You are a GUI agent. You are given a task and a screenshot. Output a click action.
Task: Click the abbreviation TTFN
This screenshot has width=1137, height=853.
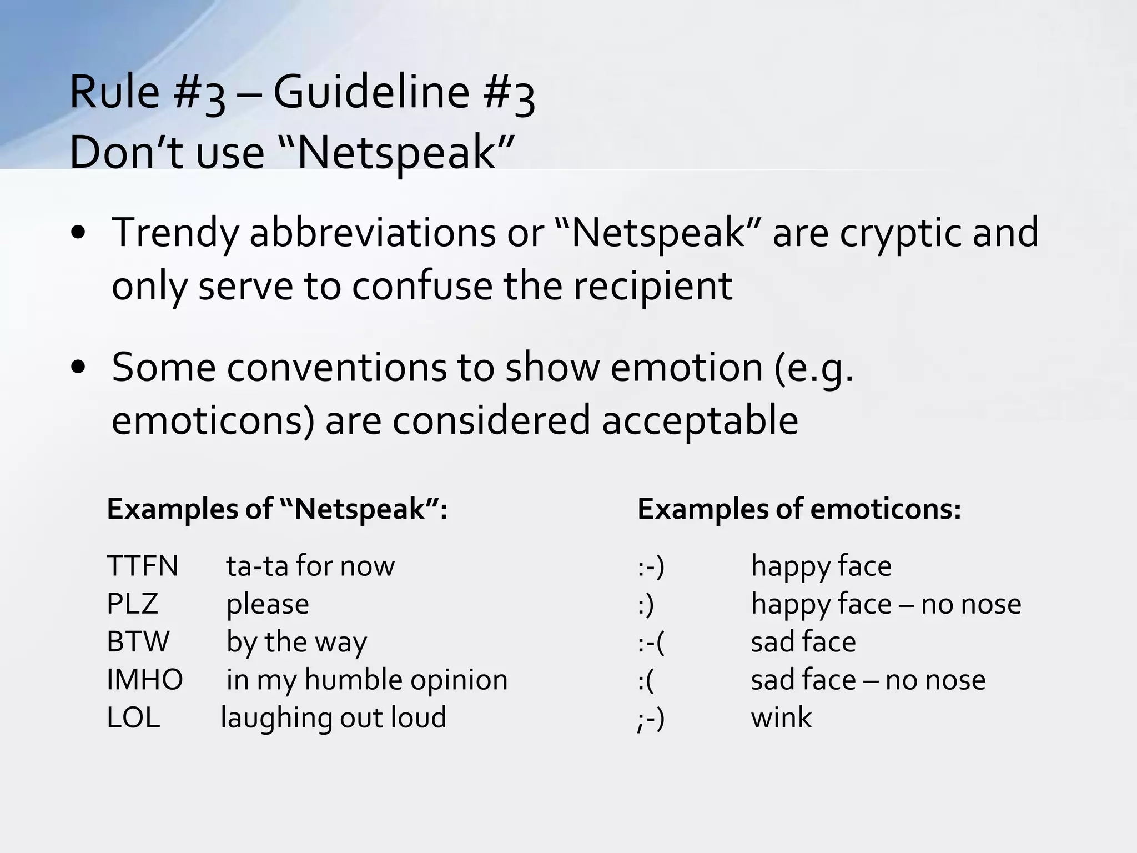142,566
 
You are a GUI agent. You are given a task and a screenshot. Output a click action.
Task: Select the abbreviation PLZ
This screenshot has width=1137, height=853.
132,604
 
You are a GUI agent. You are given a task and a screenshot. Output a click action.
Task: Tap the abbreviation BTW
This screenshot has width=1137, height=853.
138,642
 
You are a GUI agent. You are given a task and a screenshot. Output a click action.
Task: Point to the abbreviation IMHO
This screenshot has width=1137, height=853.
144,680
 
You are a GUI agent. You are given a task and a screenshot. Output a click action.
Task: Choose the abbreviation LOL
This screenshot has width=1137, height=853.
133,717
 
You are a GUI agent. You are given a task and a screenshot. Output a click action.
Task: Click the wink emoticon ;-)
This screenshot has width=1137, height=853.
651,719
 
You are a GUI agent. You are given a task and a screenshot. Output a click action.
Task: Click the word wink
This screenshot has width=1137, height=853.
781,717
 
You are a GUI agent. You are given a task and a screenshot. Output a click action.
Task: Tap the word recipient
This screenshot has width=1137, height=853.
653,287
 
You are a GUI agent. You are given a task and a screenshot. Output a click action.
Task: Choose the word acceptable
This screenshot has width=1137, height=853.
700,421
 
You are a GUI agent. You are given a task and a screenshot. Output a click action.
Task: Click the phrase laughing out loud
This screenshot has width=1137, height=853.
334,717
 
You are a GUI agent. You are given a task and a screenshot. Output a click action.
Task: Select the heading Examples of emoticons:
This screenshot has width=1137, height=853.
799,509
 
